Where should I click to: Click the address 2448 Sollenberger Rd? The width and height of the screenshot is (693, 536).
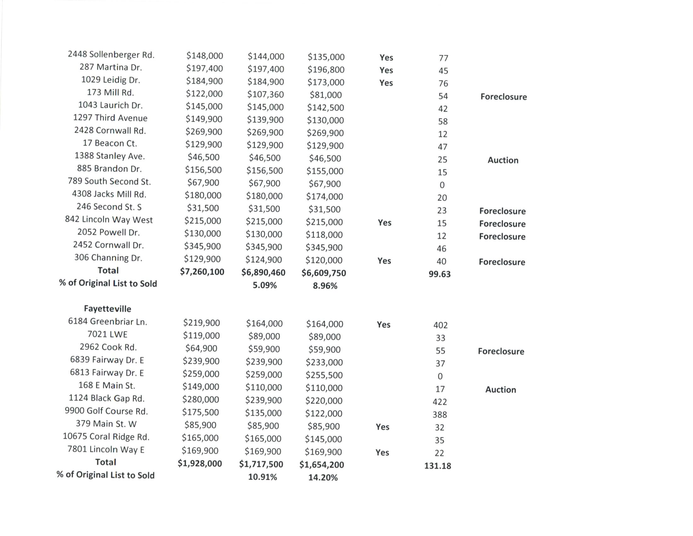click(111, 55)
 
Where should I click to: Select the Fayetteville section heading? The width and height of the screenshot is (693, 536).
click(107, 309)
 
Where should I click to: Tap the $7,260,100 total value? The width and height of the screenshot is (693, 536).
click(202, 272)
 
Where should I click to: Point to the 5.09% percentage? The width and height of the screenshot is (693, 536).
click(265, 285)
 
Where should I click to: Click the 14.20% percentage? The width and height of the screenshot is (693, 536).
click(323, 478)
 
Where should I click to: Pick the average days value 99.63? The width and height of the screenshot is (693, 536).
click(439, 274)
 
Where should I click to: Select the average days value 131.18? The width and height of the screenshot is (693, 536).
click(438, 466)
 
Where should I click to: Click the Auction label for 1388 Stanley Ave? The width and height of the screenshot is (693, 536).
click(503, 160)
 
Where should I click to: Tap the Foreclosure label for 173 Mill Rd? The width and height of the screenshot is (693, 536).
click(504, 97)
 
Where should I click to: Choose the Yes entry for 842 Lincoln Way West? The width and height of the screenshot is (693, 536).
click(385, 223)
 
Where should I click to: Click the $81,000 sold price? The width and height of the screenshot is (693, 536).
click(326, 95)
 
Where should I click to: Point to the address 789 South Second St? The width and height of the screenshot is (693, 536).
click(109, 181)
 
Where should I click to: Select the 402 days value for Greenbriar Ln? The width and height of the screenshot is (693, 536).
click(440, 325)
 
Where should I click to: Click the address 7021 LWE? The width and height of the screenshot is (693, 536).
click(107, 334)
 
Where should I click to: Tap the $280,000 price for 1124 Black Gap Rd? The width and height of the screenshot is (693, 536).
click(201, 399)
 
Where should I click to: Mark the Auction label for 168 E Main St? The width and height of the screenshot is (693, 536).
click(501, 390)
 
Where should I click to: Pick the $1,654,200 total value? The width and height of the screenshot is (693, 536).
click(322, 465)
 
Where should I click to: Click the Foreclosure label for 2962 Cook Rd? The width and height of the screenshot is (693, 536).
click(501, 351)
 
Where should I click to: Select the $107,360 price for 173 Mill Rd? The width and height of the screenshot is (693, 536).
click(266, 94)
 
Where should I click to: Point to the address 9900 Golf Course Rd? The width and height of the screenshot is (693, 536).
click(106, 411)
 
